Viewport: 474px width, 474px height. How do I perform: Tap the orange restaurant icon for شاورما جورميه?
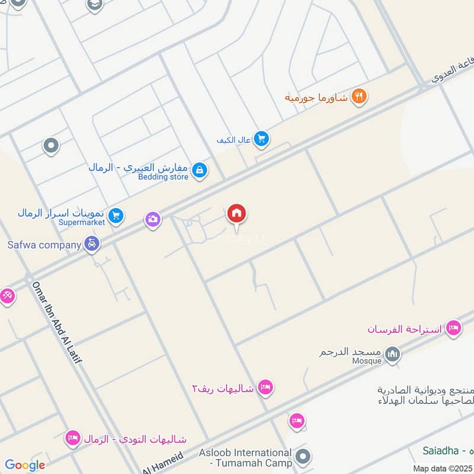(x=358, y=96)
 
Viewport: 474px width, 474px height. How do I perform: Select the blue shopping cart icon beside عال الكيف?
(x=261, y=139)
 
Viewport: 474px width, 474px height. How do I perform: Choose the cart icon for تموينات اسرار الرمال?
(x=116, y=216)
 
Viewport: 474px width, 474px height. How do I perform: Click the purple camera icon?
(x=153, y=220)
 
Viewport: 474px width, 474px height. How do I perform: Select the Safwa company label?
(x=44, y=244)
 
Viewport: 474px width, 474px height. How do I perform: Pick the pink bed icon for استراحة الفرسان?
(x=453, y=328)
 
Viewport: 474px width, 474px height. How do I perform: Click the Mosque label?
(x=367, y=360)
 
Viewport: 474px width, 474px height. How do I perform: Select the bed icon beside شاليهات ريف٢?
(x=265, y=387)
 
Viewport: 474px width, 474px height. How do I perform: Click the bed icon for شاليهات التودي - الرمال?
(x=73, y=438)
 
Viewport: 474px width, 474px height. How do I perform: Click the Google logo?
(x=25, y=465)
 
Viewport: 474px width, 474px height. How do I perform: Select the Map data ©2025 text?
(x=441, y=468)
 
